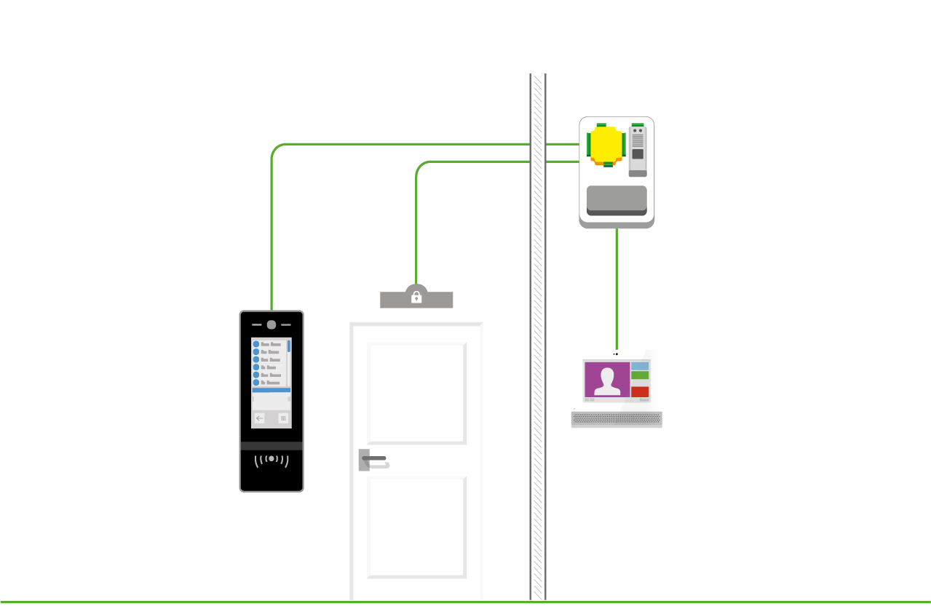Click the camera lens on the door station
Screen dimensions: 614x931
tap(272, 325)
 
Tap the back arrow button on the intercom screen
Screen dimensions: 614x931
tap(260, 418)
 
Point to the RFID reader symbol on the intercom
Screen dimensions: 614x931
tap(272, 460)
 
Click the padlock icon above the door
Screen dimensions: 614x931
tap(416, 297)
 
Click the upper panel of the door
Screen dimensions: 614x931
tap(416, 393)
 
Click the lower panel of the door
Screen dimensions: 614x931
tap(416, 527)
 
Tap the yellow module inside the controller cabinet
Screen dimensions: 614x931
tap(606, 145)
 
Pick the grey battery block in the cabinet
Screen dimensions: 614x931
tap(617, 200)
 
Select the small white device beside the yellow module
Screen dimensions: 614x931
tap(638, 150)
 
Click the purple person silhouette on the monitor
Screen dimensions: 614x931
tap(606, 380)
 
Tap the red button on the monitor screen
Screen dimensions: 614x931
tap(640, 391)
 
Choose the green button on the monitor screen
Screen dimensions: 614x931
tap(640, 375)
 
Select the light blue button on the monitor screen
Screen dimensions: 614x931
tap(640, 365)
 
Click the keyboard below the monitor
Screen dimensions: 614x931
tap(617, 420)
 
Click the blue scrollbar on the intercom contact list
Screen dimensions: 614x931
tap(289, 346)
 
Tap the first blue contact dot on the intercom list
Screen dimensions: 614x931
tap(256, 344)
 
